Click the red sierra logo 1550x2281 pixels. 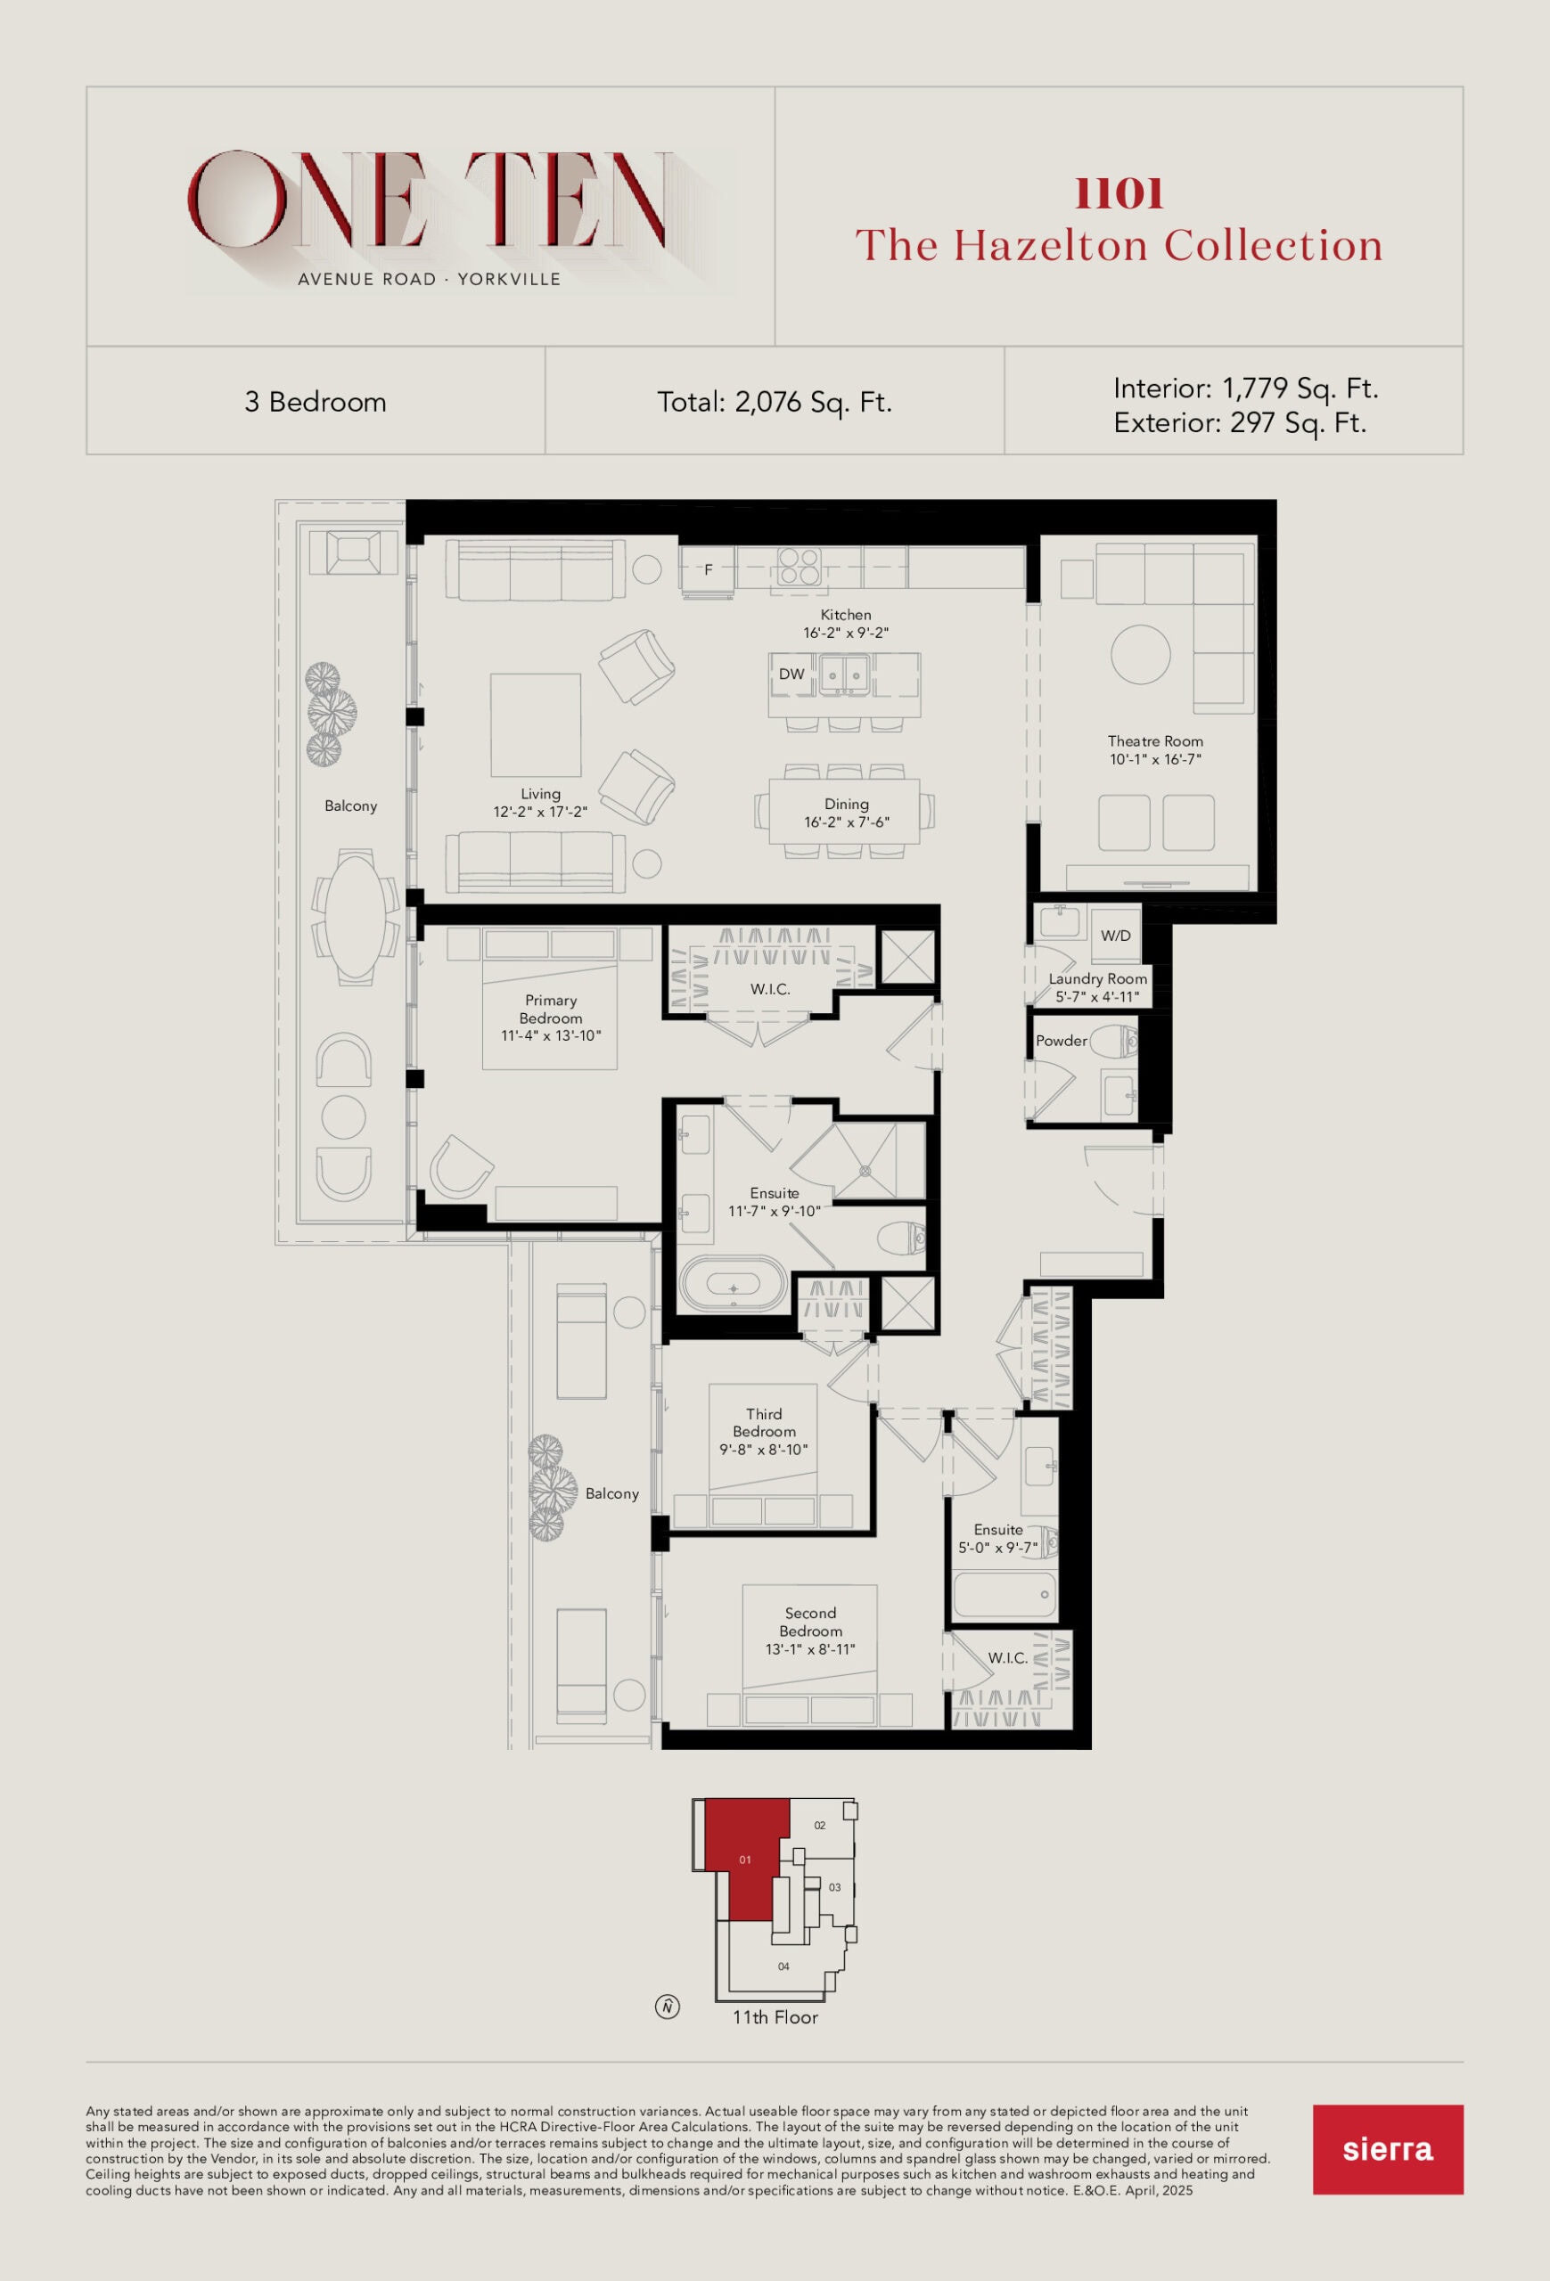1387,2148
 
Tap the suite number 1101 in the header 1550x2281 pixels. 1119,193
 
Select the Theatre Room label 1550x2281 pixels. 1155,741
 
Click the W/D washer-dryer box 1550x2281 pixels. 1116,936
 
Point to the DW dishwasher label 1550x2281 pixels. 791,674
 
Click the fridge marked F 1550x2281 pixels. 708,569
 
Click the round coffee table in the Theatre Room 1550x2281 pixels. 1141,655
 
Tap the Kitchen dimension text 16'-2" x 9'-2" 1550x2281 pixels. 846,633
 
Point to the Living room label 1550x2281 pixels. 541,794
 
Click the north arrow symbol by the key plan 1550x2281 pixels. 668,2007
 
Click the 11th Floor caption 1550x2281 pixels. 775,2017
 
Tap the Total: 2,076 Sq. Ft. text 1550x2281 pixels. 775,403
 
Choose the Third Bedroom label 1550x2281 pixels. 764,1423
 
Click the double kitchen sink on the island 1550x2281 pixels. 845,674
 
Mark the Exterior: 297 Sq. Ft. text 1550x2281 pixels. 1240,423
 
